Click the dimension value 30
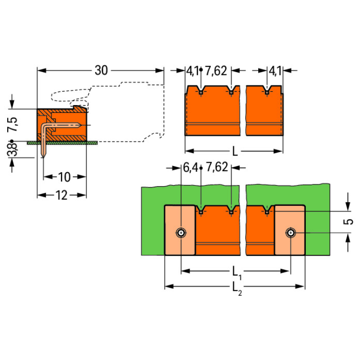click(101, 71)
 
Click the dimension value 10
click(64, 177)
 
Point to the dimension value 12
click(61, 195)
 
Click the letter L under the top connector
click(234, 151)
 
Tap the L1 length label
click(236, 273)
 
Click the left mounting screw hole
click(181, 233)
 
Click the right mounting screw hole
click(290, 233)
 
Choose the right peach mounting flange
click(290, 229)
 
